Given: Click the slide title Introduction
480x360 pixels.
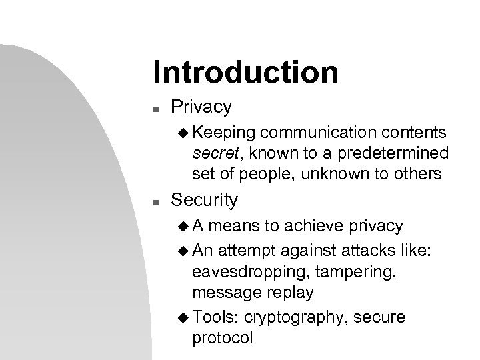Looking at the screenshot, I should click(245, 72).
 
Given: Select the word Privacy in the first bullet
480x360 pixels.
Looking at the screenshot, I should click(201, 107).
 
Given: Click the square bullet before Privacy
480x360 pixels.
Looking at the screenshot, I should click(155, 107).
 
